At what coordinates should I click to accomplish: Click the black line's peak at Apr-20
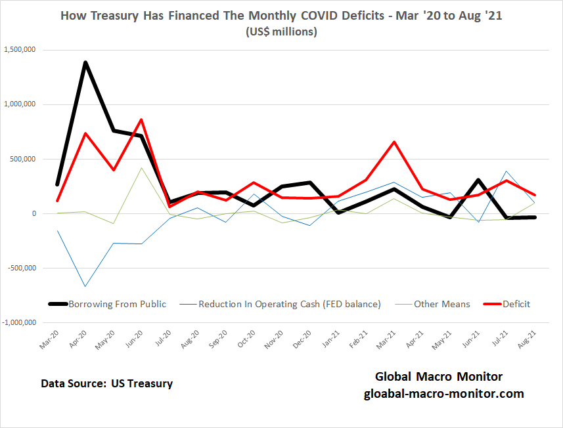click(85, 62)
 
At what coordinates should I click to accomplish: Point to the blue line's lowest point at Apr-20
click(85, 286)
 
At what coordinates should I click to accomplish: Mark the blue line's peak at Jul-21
click(507, 171)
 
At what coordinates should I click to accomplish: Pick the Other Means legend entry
click(441, 304)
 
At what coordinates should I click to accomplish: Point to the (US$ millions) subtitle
click(281, 32)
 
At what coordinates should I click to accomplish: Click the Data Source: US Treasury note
click(106, 383)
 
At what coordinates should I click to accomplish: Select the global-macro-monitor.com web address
click(444, 394)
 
